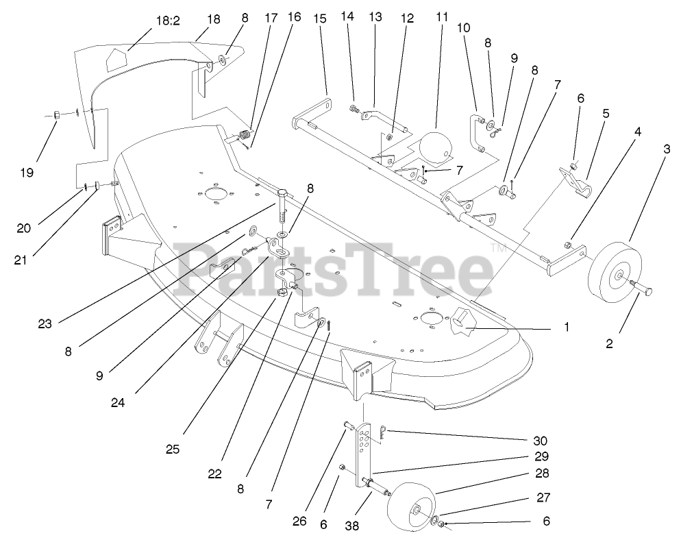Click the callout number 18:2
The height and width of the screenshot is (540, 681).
167,21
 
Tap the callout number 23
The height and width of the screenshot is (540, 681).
45,324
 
